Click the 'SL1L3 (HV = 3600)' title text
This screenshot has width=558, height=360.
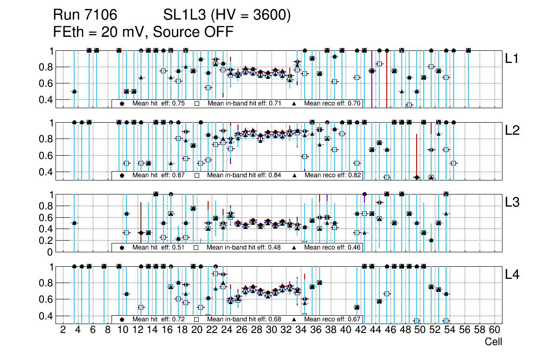click(x=227, y=15)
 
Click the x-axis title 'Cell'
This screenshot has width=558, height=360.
click(x=493, y=342)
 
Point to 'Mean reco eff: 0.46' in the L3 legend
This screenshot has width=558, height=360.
click(x=332, y=247)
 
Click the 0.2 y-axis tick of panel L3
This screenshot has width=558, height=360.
click(x=46, y=241)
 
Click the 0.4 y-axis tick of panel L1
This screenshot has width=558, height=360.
click(x=46, y=100)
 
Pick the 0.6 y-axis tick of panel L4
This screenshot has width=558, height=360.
click(x=46, y=299)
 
